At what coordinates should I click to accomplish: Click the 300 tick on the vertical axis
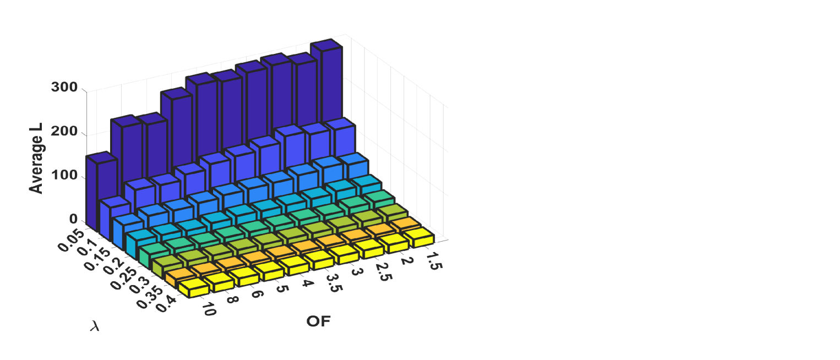click(64, 87)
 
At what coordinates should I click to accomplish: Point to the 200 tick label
click(64, 131)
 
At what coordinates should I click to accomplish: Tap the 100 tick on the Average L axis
click(64, 175)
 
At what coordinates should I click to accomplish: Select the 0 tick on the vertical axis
click(73, 219)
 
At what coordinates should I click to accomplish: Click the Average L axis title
click(36, 158)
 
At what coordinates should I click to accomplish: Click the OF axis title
click(318, 321)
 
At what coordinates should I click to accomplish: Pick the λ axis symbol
click(95, 326)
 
